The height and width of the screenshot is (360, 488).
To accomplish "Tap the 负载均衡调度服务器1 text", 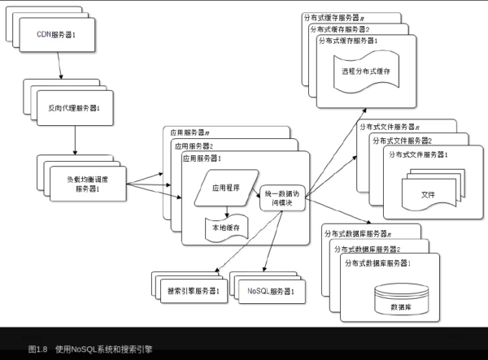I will [x=86, y=184].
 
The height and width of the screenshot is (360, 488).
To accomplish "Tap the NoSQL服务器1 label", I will [x=271, y=290].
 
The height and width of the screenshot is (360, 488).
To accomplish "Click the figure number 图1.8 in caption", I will [x=38, y=349].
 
